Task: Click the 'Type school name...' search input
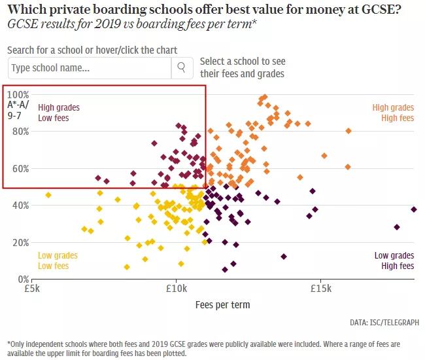pos(90,67)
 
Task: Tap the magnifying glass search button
pos(181,67)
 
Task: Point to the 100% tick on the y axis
pos(18,94)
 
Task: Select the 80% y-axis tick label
pos(20,132)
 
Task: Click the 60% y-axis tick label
pos(20,168)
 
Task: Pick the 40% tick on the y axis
pos(20,206)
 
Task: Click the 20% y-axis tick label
pos(20,242)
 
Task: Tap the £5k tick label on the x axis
pos(33,289)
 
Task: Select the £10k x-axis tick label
pos(177,289)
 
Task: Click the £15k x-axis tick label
pos(320,289)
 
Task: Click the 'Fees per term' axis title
pos(222,304)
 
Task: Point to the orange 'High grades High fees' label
pos(393,113)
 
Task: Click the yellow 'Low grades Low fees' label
pos(58,261)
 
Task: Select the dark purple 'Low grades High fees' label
pos(394,261)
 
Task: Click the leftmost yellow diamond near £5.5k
pos(48,195)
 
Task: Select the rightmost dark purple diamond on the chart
pos(414,209)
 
